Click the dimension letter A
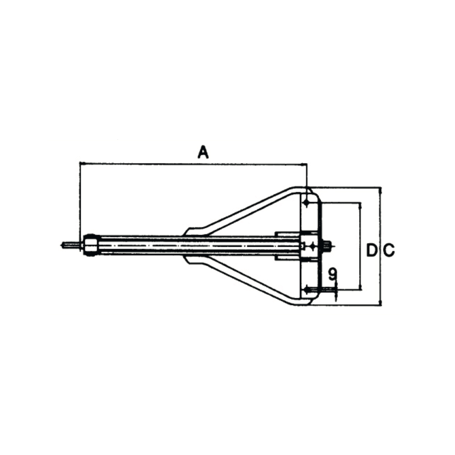click(203, 152)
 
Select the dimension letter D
click(372, 250)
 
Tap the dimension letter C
click(389, 250)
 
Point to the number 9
click(333, 274)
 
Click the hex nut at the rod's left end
click(91, 245)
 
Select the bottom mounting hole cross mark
click(306, 289)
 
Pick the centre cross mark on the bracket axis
click(313, 246)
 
